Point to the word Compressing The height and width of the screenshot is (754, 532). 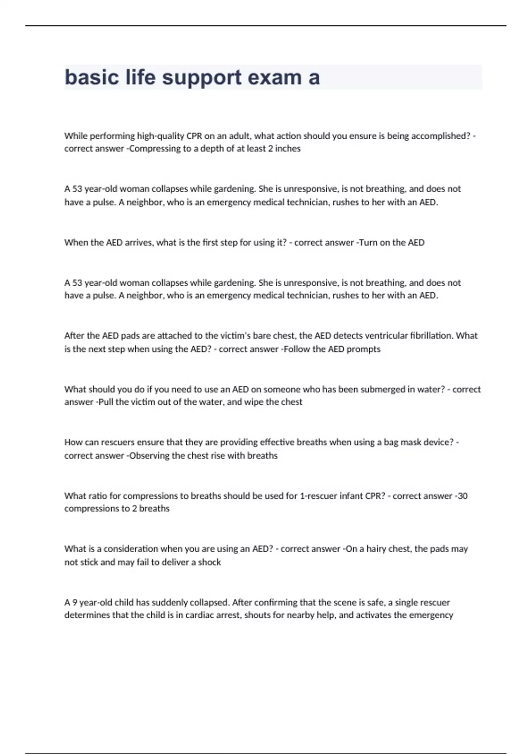pyautogui.click(x=155, y=149)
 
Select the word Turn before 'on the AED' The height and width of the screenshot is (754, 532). pyautogui.click(x=368, y=243)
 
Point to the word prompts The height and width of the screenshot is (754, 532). pyautogui.click(x=364, y=349)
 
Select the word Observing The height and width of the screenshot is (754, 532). pyautogui.click(x=150, y=456)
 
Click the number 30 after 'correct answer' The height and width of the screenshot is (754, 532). pyautogui.click(x=462, y=496)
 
